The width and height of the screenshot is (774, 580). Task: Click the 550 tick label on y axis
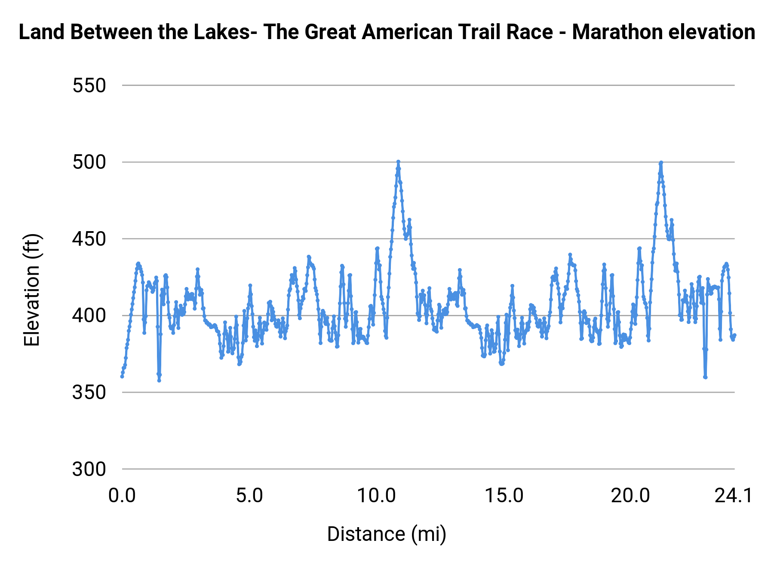pyautogui.click(x=89, y=86)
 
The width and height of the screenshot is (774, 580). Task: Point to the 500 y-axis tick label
pyautogui.click(x=89, y=162)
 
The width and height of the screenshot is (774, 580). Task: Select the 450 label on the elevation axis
pyautogui.click(x=89, y=239)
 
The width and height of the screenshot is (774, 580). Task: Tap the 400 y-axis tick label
pyautogui.click(x=89, y=316)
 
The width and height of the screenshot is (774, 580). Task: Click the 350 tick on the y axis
pyautogui.click(x=89, y=393)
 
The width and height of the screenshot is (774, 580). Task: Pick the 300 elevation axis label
pyautogui.click(x=89, y=469)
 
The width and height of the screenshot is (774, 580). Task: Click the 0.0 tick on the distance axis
pyautogui.click(x=122, y=496)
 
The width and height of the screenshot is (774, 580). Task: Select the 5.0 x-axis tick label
pyautogui.click(x=249, y=496)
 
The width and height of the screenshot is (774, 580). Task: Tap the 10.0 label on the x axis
pyautogui.click(x=377, y=496)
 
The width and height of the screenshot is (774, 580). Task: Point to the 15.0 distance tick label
pyautogui.click(x=504, y=496)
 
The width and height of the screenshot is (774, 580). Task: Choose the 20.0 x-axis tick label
pyautogui.click(x=631, y=496)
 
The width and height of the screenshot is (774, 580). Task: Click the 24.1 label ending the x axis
pyautogui.click(x=734, y=496)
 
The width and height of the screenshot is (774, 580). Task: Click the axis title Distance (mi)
pyautogui.click(x=387, y=534)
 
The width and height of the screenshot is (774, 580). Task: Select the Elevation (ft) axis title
pyautogui.click(x=32, y=290)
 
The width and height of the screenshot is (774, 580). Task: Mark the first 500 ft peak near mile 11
pyautogui.click(x=398, y=162)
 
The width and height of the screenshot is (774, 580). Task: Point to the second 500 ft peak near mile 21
pyautogui.click(x=661, y=162)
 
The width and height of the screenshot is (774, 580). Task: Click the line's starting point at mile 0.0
pyautogui.click(x=122, y=376)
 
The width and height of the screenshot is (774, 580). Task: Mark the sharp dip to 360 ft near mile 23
pyautogui.click(x=705, y=377)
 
